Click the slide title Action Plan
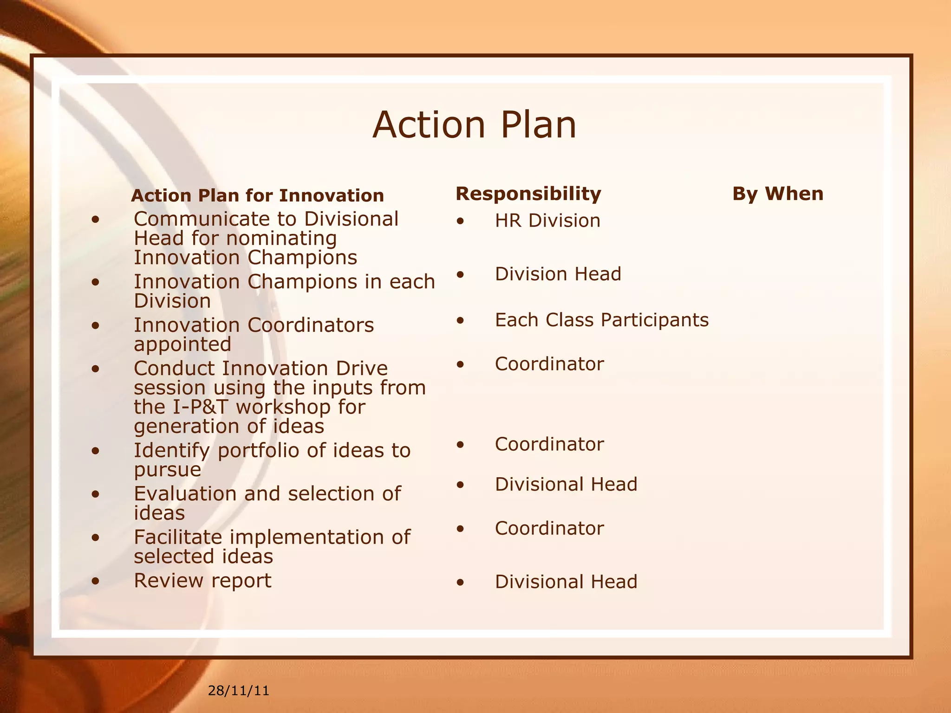(474, 125)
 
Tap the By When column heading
(777, 194)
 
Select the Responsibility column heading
(528, 194)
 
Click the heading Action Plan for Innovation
(257, 195)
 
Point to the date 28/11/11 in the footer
(238, 691)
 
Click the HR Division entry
(547, 220)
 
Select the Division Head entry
(558, 274)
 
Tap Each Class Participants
(601, 320)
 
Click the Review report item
(202, 580)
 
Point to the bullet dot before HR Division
(460, 221)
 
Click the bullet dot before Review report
(96, 581)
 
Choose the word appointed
(182, 344)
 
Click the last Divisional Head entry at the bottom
(566, 582)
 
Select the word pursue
(168, 470)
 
